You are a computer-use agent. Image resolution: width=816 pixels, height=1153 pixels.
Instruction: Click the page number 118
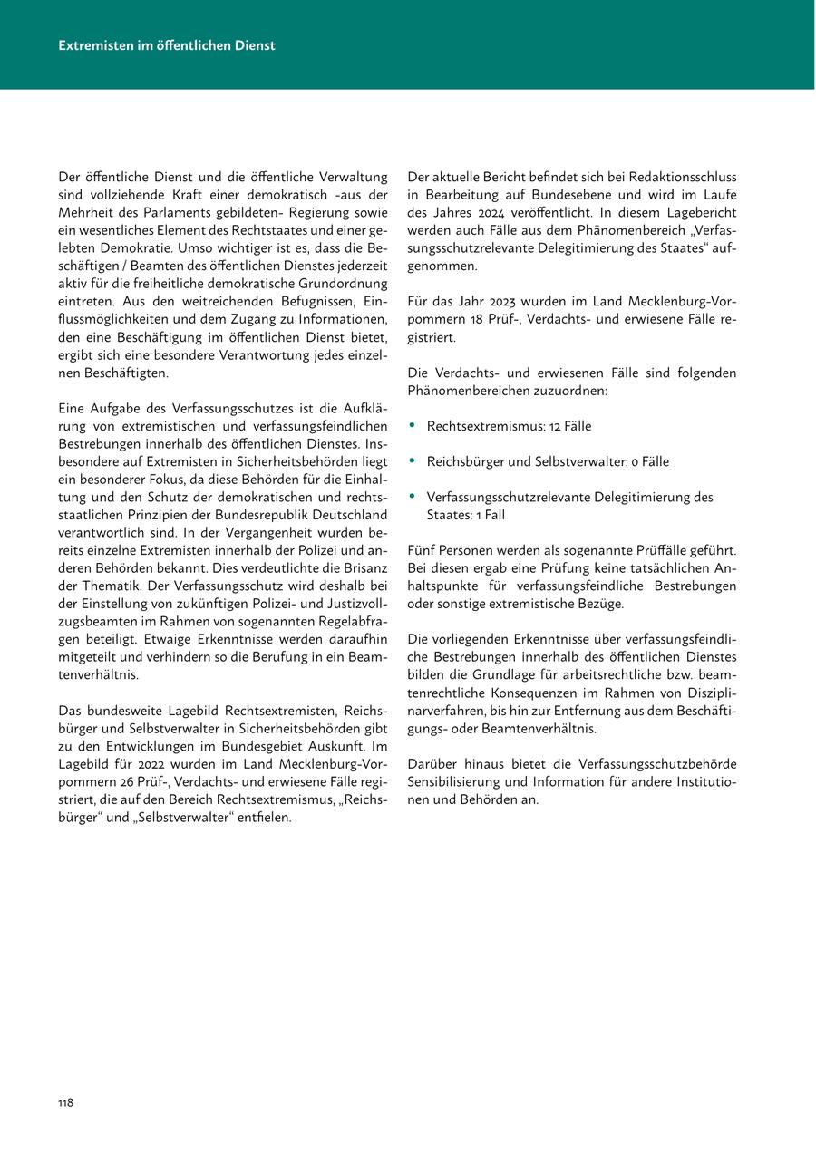pyautogui.click(x=65, y=1102)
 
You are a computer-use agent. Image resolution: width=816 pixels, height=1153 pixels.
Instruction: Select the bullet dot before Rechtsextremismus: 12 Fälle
pyautogui.click(x=413, y=425)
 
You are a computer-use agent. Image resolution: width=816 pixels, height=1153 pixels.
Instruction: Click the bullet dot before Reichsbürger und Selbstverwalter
pyautogui.click(x=413, y=461)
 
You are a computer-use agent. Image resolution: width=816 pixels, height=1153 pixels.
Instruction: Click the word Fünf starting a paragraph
pyautogui.click(x=423, y=550)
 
